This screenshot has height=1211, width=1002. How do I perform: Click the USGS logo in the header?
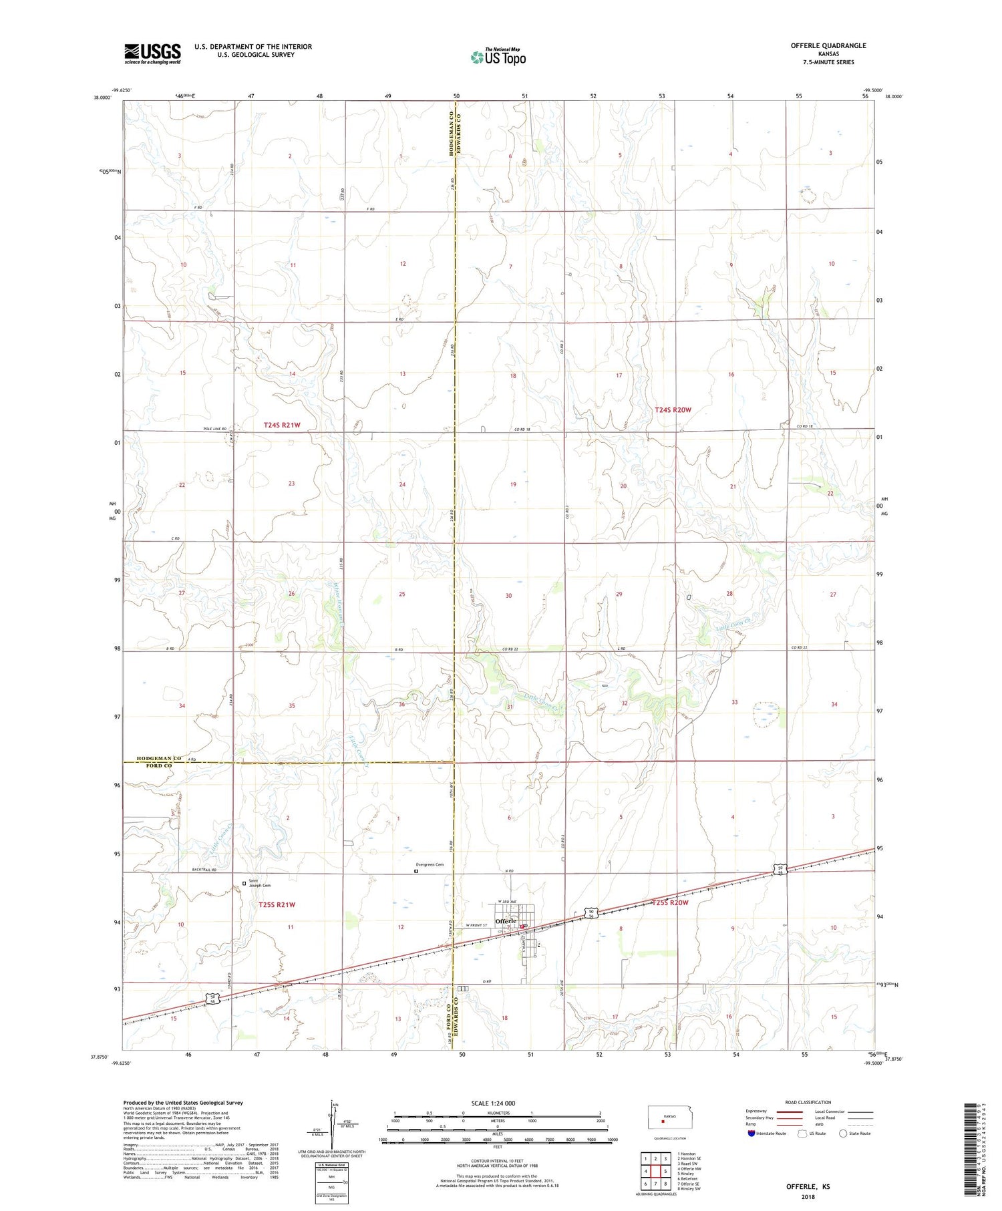click(x=152, y=53)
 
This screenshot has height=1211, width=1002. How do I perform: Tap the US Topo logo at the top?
click(x=498, y=57)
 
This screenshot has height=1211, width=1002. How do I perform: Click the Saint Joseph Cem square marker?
click(x=244, y=883)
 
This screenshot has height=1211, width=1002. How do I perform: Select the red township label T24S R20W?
click(x=673, y=409)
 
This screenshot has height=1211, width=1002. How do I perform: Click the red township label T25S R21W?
click(x=277, y=904)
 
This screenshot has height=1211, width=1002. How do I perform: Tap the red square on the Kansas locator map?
click(x=663, y=1121)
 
